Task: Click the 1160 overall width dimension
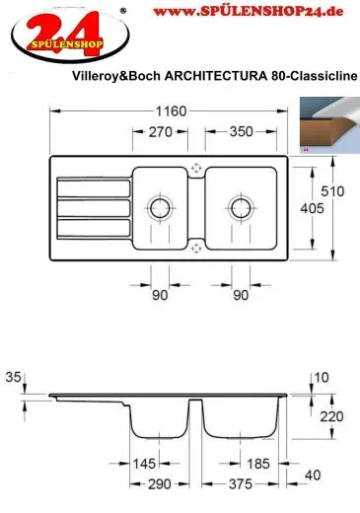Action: pyautogui.click(x=171, y=111)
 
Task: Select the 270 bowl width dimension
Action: pyautogui.click(x=161, y=132)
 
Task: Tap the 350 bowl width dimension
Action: pyautogui.click(x=242, y=131)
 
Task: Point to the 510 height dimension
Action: pyautogui.click(x=332, y=191)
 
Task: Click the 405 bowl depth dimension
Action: pyautogui.click(x=312, y=208)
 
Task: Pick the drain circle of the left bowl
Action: pyautogui.click(x=160, y=208)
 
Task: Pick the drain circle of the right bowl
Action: pyautogui.click(x=242, y=208)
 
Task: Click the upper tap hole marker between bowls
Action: pyautogui.click(x=196, y=169)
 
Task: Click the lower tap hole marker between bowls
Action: pyautogui.click(x=196, y=249)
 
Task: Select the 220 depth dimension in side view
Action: pyautogui.click(x=331, y=416)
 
